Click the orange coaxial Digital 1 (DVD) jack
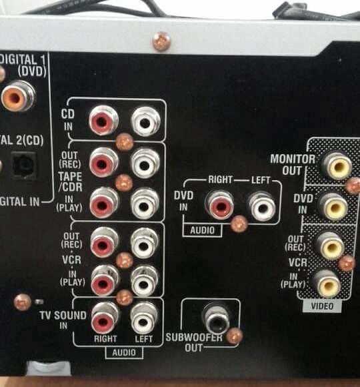17,97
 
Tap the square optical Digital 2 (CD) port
25,165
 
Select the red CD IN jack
103,121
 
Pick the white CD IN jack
145,121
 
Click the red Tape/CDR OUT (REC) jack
103,162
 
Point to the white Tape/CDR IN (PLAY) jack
145,203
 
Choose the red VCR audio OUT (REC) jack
104,243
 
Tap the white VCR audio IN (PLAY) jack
144,282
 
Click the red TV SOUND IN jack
105,319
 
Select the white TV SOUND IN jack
144,319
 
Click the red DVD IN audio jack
219,205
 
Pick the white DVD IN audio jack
261,206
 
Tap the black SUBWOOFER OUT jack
216,319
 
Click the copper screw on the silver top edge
161,41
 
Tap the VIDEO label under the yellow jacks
322,306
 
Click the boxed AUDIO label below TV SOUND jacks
124,352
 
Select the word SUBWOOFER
194,338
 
